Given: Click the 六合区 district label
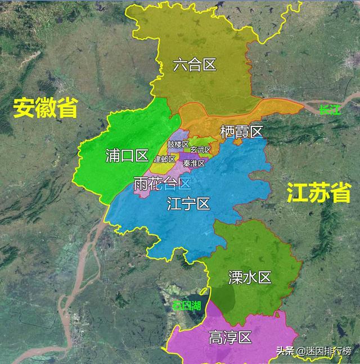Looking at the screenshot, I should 195,65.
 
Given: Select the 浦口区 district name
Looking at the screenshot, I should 127,156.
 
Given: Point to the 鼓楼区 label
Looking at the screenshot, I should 178,144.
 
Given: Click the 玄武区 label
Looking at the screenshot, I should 200,150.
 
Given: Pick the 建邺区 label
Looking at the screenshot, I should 165,160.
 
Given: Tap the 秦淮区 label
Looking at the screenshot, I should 193,163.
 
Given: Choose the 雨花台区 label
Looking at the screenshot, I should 163,183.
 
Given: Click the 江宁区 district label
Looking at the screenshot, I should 188,204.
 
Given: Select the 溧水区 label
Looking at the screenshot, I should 250,277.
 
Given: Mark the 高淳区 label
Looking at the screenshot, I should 229,338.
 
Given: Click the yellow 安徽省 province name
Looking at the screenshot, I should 45,107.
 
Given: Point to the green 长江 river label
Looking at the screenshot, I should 330,110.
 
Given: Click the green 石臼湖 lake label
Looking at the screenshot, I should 187,306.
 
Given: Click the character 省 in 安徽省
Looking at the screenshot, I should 67,107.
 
